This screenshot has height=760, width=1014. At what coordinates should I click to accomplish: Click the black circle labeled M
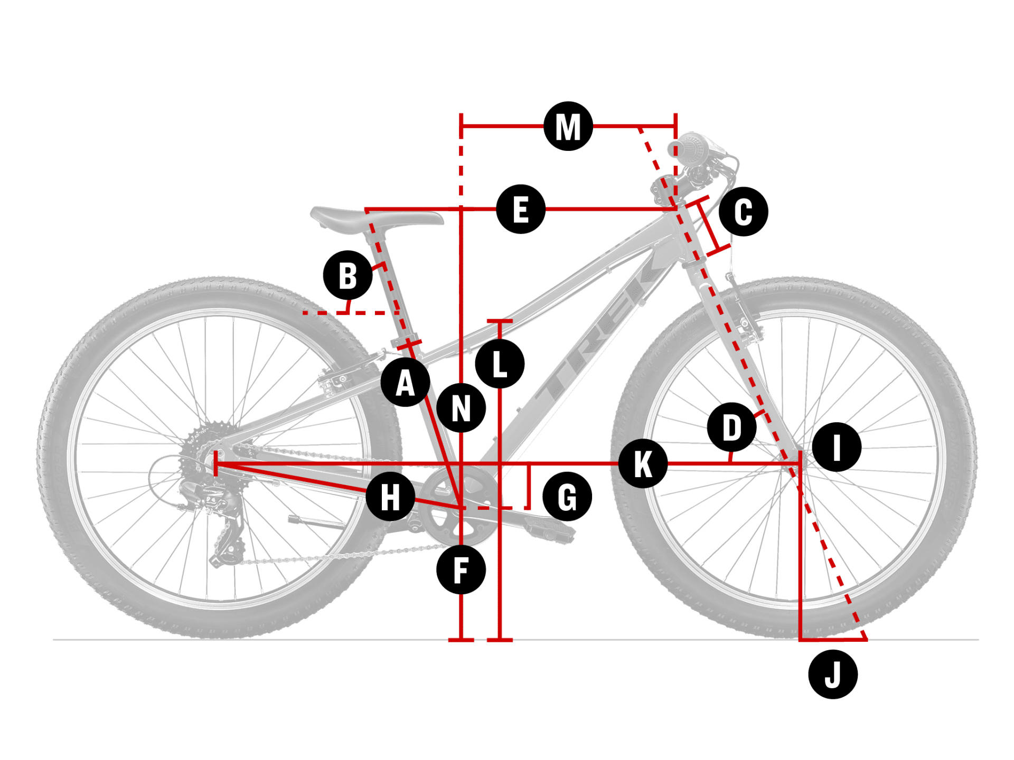click(568, 126)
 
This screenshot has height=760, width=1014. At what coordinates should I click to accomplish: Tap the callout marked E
click(521, 209)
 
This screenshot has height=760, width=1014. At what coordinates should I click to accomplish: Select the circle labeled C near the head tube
click(744, 212)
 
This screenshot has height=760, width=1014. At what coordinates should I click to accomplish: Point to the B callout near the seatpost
click(348, 275)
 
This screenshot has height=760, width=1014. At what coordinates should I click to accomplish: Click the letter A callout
click(405, 382)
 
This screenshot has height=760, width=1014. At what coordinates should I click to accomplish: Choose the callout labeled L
click(500, 364)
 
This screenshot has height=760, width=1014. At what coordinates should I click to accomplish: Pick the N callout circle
click(461, 408)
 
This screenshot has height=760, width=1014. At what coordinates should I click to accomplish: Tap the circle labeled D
click(731, 427)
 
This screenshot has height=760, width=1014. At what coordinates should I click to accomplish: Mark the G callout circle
click(567, 497)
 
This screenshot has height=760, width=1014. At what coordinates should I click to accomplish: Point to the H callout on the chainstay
click(390, 497)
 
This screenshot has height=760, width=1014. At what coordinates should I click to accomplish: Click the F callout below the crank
click(461, 570)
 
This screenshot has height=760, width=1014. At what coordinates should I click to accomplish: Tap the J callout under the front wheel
click(833, 674)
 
